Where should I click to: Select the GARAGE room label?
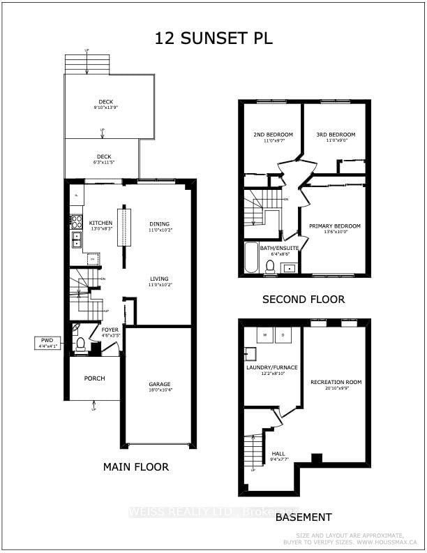[x=159, y=384]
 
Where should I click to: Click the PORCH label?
[x=94, y=378]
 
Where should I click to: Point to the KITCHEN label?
[x=100, y=223]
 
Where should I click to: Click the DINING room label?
[x=160, y=223]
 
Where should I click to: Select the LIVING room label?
[x=159, y=279]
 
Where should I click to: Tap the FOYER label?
[x=110, y=329]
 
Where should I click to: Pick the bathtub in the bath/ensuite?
[x=250, y=257]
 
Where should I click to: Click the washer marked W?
[x=265, y=336]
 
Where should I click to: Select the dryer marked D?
[x=284, y=336]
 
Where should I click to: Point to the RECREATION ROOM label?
[x=336, y=382]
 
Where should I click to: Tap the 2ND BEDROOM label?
[x=273, y=135]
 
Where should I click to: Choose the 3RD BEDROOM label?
[x=336, y=135]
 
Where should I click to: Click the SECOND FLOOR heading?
[x=303, y=299]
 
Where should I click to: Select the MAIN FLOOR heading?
[x=136, y=466]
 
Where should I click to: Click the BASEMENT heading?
[x=303, y=517]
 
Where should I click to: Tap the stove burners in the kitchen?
[x=76, y=222]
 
